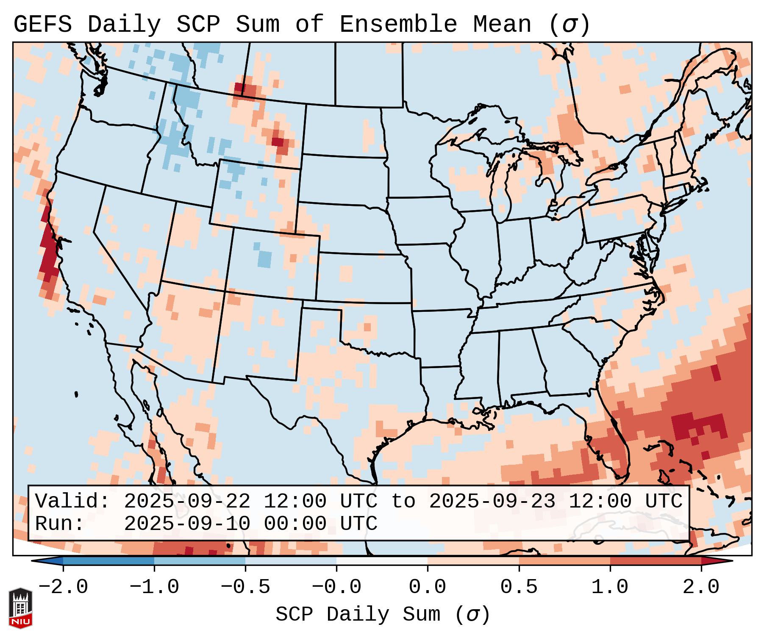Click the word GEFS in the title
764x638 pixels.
(x=42, y=25)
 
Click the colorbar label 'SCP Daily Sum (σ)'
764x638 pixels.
(x=383, y=615)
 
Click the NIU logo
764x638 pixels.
(x=20, y=608)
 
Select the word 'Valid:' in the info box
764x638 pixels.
(x=72, y=501)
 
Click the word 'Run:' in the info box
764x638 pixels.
(x=60, y=524)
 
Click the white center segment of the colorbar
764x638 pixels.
(x=382, y=561)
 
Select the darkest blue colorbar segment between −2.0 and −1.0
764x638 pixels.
(x=108, y=561)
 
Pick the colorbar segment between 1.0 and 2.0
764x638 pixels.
(x=656, y=561)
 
